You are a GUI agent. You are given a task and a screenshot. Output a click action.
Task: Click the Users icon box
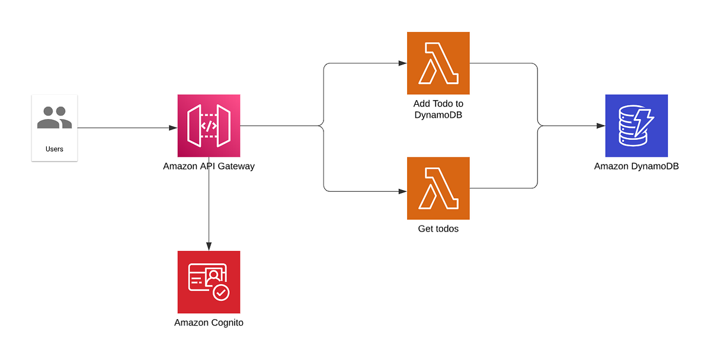click(x=55, y=127)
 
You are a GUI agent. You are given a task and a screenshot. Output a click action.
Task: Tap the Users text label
click(x=55, y=149)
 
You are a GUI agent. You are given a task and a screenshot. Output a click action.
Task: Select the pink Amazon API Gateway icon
click(x=209, y=126)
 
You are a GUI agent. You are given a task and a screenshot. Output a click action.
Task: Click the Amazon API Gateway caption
click(x=209, y=166)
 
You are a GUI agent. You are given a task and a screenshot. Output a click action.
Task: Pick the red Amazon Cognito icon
click(x=209, y=282)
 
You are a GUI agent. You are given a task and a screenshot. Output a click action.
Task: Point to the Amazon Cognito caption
click(x=209, y=323)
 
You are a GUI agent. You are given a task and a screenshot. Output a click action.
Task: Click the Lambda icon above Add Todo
click(x=438, y=63)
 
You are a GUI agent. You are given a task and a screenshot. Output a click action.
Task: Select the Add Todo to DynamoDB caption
click(x=438, y=109)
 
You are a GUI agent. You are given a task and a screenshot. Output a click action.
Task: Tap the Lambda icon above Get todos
click(x=438, y=188)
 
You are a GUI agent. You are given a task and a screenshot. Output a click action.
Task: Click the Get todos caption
click(x=438, y=229)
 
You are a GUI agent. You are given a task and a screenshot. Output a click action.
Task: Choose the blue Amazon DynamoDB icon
click(x=636, y=126)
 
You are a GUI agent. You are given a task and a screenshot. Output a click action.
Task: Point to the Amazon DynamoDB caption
click(x=636, y=166)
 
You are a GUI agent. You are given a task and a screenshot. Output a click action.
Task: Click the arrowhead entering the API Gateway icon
click(x=173, y=128)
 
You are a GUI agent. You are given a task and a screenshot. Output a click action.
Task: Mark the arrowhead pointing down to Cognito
click(x=209, y=246)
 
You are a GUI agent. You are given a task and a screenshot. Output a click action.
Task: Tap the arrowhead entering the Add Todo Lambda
click(x=402, y=63)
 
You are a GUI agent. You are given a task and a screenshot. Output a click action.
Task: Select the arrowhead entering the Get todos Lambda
click(x=402, y=192)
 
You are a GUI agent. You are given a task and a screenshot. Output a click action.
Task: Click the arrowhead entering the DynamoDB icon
click(x=601, y=126)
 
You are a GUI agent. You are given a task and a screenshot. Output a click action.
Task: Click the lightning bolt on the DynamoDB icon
click(x=645, y=121)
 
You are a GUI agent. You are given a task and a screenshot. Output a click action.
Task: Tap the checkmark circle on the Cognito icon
click(x=221, y=292)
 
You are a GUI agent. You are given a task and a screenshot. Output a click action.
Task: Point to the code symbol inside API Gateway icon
click(x=209, y=126)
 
